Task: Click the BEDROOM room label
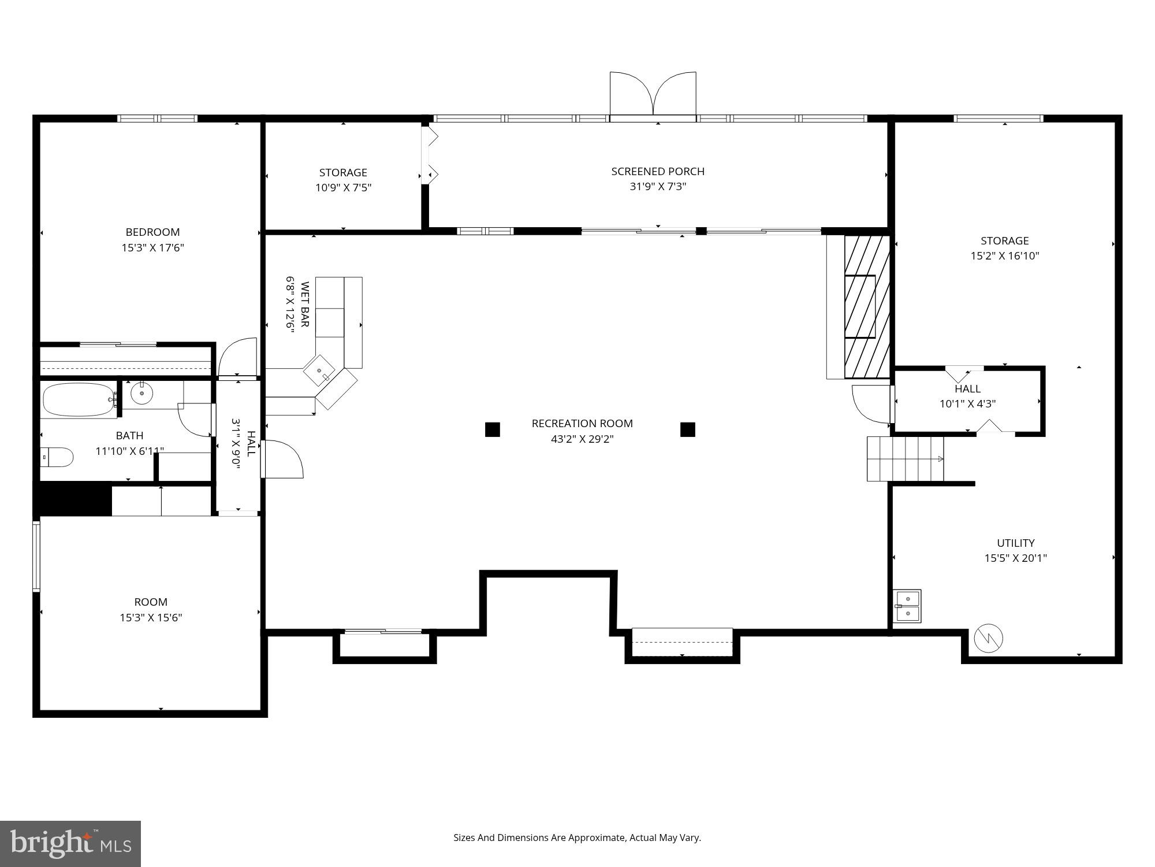[x=152, y=232]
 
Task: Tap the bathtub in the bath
[x=79, y=399]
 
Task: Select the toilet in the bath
[x=58, y=457]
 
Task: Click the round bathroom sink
[x=141, y=394]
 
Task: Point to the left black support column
[x=492, y=429]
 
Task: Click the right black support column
[x=687, y=429]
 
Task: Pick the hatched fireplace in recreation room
[x=866, y=306]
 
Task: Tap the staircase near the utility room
[x=904, y=459]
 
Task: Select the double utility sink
[x=907, y=606]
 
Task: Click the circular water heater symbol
[x=988, y=639]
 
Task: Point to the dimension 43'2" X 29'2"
[x=582, y=439]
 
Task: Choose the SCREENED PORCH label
[x=658, y=172]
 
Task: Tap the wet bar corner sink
[x=319, y=370]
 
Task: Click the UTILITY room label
[x=1015, y=543]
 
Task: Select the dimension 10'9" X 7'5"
[x=343, y=188]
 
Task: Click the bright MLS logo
[x=70, y=844]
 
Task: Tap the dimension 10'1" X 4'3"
[x=967, y=404]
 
